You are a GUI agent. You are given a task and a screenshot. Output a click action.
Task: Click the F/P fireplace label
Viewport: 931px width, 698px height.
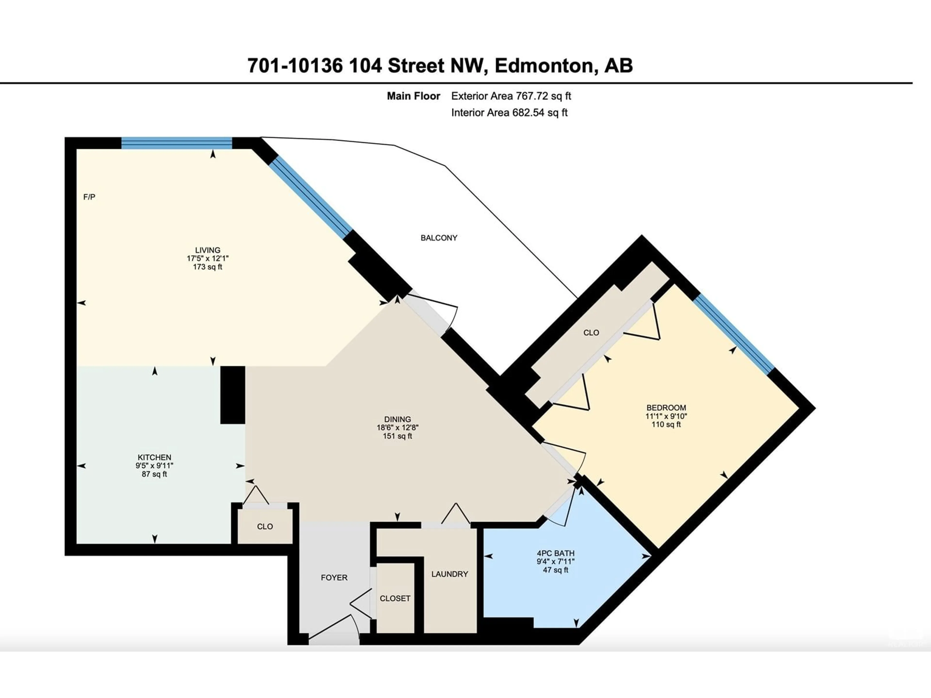tap(89, 197)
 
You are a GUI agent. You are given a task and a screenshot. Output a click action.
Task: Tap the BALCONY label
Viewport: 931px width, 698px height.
tap(439, 238)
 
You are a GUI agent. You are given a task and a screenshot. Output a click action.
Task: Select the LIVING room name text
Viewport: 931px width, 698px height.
tap(208, 250)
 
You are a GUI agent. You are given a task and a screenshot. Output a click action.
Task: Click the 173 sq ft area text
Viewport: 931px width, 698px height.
tap(208, 267)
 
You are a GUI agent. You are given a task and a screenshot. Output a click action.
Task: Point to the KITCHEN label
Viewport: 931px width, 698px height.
tap(154, 457)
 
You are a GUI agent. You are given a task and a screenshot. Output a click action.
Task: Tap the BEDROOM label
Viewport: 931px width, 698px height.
tap(666, 408)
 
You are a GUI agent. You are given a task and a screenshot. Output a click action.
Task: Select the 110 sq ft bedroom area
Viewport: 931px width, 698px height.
tap(666, 425)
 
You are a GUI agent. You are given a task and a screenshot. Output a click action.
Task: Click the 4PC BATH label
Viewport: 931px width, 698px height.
tap(556, 553)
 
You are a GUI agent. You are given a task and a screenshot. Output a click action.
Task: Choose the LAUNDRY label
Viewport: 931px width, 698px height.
tap(449, 574)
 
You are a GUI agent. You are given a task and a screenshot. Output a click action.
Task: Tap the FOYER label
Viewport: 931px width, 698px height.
tap(334, 578)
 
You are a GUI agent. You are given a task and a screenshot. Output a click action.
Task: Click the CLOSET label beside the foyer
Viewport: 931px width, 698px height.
tap(395, 598)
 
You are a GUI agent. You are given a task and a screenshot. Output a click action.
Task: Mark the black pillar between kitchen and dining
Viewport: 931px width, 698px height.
tap(233, 395)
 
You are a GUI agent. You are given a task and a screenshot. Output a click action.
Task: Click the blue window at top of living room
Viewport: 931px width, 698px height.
tap(177, 143)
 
